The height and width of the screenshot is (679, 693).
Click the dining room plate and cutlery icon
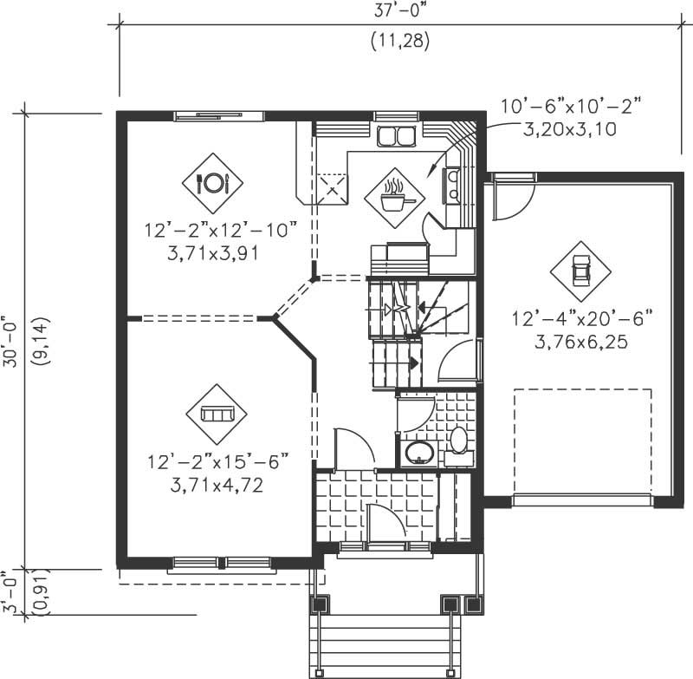click(212, 183)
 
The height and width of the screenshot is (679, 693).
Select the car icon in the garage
click(580, 271)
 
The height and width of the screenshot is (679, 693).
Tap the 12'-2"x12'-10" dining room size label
click(222, 232)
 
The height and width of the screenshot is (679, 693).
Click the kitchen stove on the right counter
click(451, 183)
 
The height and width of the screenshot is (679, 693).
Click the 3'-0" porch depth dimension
click(11, 592)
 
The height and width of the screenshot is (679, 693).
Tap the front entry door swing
click(383, 522)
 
